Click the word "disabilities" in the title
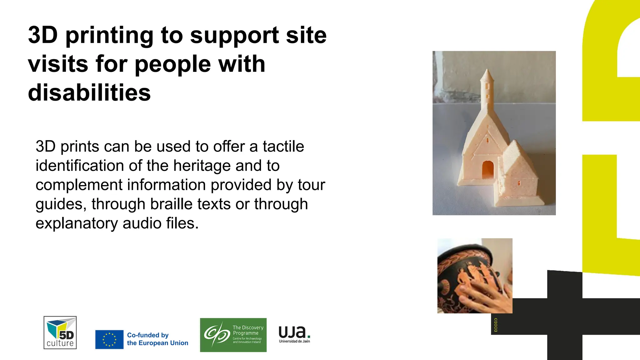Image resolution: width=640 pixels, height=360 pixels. click(89, 93)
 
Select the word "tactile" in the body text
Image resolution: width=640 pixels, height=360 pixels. click(283, 146)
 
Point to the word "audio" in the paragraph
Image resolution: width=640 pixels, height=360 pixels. click(142, 223)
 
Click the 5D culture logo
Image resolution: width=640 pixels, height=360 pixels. click(60, 332)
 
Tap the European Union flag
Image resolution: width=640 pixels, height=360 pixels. click(109, 339)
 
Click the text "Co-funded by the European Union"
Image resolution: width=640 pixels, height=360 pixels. click(157, 339)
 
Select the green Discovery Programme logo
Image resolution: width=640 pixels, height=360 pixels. click(233, 335)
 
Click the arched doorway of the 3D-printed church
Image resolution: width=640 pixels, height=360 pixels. click(488, 170)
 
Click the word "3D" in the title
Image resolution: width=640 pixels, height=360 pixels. click(43, 35)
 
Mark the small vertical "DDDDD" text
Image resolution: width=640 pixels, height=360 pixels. click(496, 325)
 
